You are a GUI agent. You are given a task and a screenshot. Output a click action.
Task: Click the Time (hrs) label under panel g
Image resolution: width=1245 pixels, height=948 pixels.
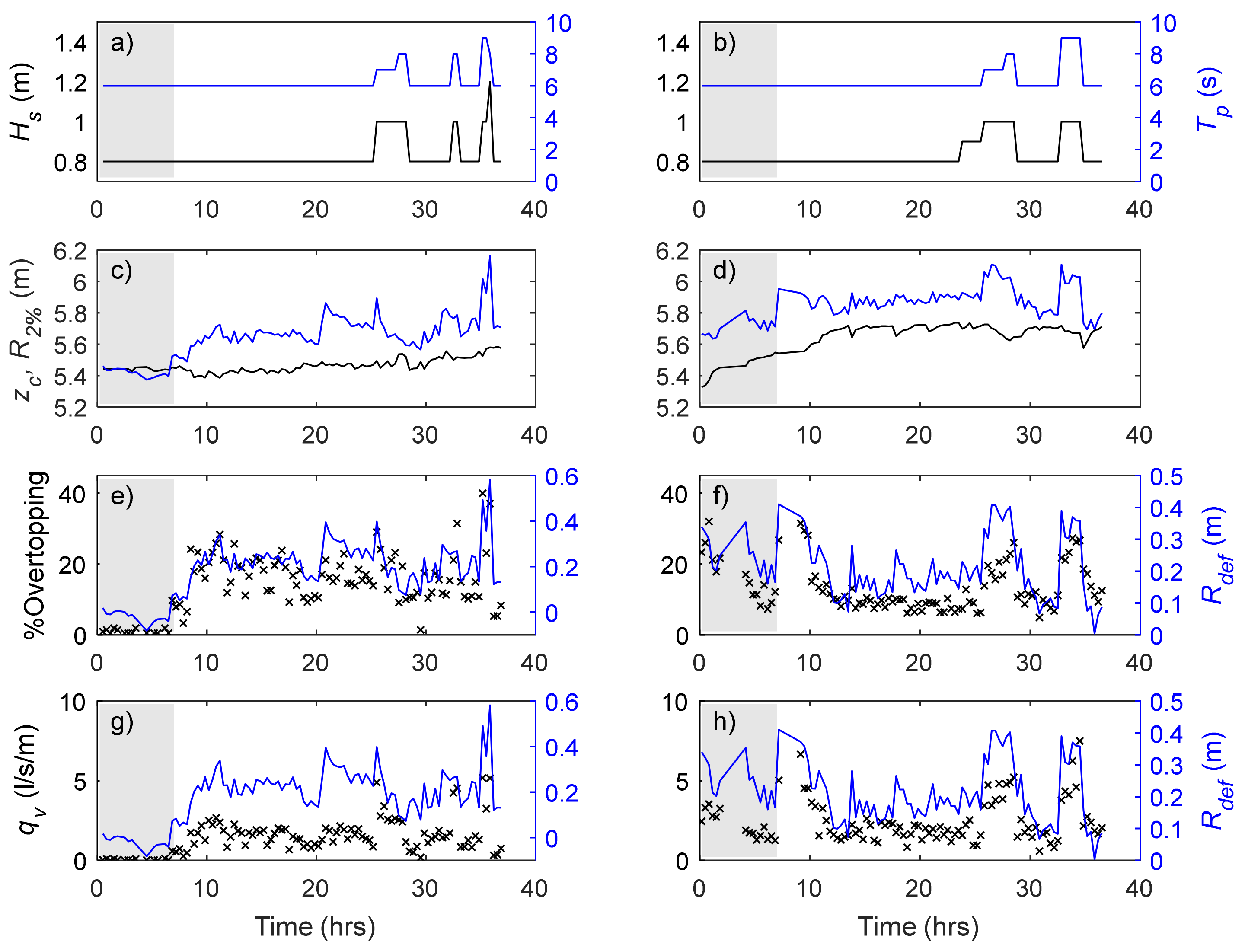[314, 926]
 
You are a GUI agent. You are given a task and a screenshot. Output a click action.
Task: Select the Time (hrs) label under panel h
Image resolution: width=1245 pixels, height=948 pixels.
[918, 926]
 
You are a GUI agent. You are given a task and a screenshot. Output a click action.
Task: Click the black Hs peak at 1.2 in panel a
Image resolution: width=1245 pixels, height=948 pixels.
[489, 83]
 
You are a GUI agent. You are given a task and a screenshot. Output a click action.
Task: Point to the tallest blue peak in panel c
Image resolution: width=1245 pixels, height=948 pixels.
[489, 257]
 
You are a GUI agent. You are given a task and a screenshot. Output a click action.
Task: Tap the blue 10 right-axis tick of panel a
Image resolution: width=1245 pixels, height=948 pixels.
[558, 24]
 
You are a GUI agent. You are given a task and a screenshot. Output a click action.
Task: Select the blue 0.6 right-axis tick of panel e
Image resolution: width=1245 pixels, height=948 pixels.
[561, 477]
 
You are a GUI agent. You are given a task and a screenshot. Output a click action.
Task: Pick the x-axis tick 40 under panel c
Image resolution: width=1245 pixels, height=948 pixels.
[533, 435]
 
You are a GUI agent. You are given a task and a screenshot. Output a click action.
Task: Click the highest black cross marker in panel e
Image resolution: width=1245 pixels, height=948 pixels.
[482, 493]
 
